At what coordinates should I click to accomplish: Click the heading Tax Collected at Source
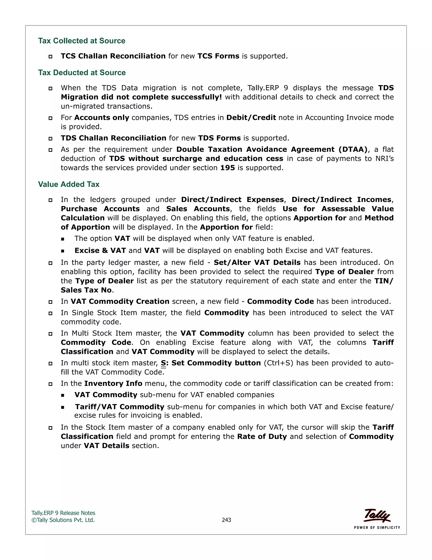(82, 41)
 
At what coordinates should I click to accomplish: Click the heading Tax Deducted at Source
(82, 72)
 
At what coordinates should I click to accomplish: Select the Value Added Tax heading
(69, 184)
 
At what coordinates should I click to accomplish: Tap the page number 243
(226, 520)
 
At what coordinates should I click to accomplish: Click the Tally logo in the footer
(377, 515)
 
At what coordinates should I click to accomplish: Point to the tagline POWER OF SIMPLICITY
(377, 527)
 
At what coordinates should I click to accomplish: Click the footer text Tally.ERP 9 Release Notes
(63, 513)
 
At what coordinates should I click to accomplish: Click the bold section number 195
(228, 168)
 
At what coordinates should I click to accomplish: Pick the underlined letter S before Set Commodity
(163, 363)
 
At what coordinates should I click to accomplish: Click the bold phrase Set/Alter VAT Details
(257, 262)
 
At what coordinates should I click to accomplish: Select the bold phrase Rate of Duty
(262, 436)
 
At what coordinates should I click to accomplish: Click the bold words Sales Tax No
(86, 290)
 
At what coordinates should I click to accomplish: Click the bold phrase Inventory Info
(113, 383)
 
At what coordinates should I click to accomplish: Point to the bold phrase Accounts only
(102, 117)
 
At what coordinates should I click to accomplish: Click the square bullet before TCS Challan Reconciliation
(50, 56)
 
